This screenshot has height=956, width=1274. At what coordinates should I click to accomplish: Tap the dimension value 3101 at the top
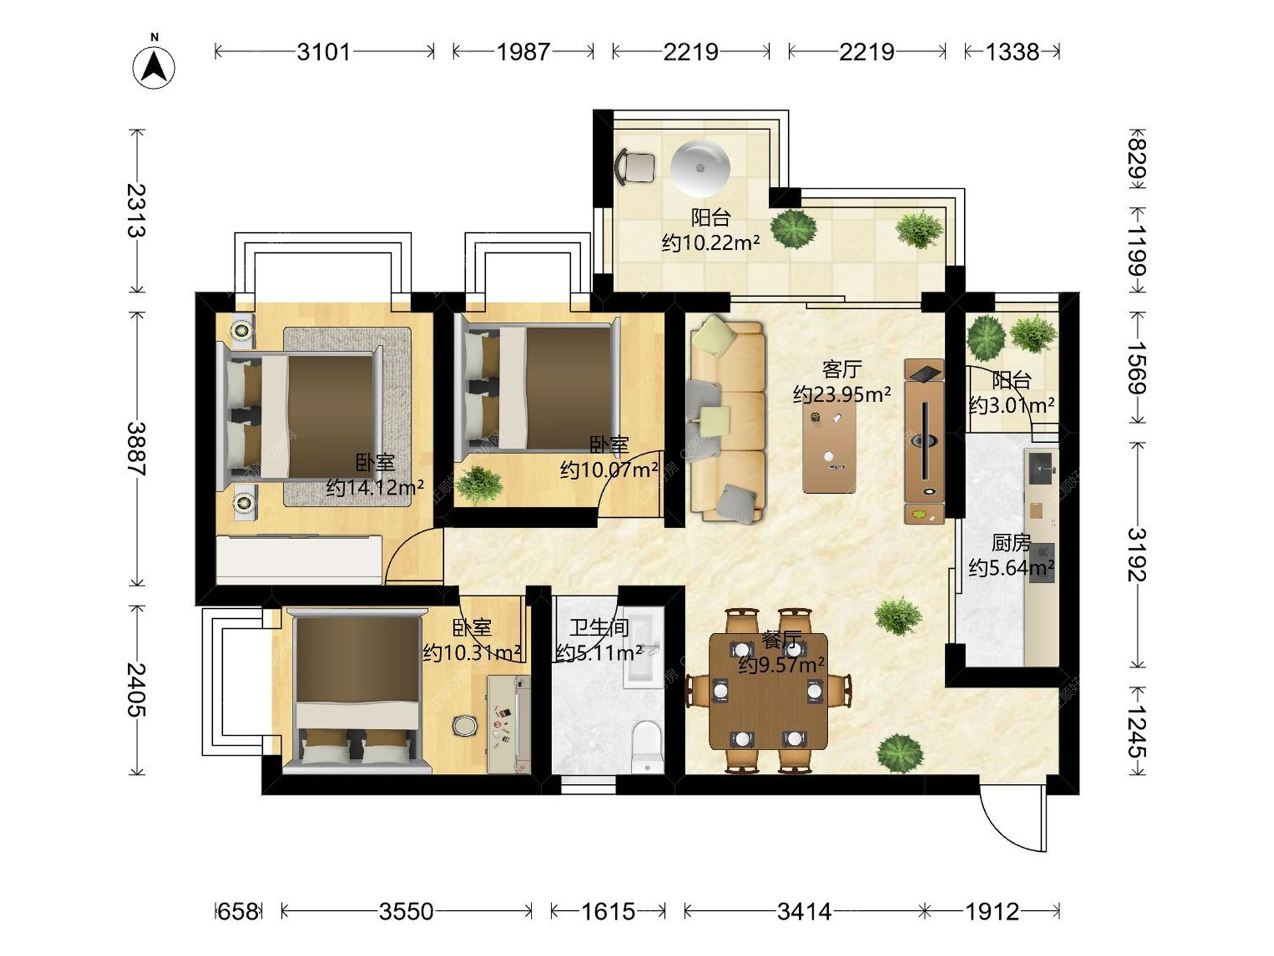[x=323, y=52]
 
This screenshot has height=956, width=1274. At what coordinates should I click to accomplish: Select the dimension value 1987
[x=524, y=52]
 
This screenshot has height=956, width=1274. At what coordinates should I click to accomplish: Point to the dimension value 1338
[x=1012, y=52]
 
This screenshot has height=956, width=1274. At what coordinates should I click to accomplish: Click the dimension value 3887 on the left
[x=137, y=449]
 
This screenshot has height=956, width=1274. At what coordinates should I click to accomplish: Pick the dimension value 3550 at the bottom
[x=406, y=912]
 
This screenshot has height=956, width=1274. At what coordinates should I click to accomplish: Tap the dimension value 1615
[x=608, y=912]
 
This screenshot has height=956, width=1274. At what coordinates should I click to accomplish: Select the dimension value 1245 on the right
[x=1137, y=732]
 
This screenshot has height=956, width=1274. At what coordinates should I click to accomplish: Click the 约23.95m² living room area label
[x=841, y=394]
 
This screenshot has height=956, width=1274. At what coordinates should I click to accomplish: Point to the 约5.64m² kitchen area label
[x=1011, y=568]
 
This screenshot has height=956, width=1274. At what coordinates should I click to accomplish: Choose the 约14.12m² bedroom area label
[x=375, y=488]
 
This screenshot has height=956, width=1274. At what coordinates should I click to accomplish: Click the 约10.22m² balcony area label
[x=711, y=243]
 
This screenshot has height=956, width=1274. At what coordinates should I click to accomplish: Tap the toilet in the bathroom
[x=646, y=748]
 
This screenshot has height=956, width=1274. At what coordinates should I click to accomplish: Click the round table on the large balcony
[x=700, y=168]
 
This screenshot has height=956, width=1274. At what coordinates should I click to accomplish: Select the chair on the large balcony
[x=636, y=166]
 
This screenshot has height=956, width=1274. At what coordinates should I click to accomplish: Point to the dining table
[x=768, y=691]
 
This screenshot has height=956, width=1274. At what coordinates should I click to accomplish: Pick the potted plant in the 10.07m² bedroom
[x=479, y=484]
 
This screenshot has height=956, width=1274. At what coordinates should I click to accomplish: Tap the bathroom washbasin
[x=643, y=647]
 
